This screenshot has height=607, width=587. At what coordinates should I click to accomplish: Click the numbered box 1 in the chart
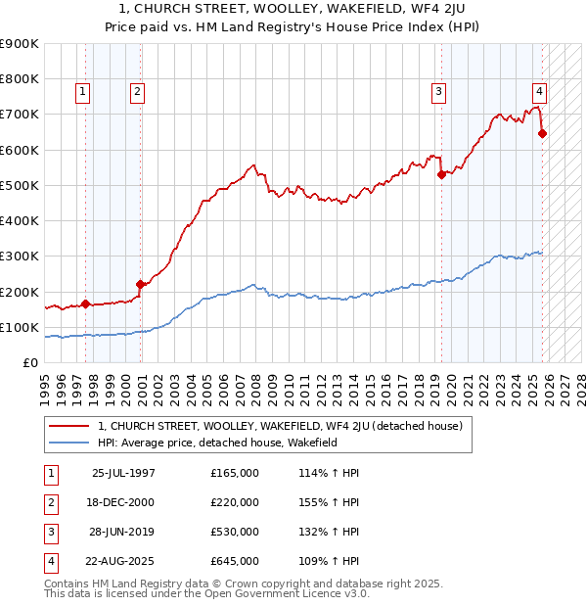tap(84, 92)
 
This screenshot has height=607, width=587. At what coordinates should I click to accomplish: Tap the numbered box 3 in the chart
tap(439, 92)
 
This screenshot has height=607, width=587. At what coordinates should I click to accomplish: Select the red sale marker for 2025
tap(542, 134)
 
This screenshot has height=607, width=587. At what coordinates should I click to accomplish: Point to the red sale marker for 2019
tap(441, 175)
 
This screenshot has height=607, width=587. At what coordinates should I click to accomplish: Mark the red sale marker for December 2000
tap(140, 285)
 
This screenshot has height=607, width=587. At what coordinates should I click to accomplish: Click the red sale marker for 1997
tap(85, 303)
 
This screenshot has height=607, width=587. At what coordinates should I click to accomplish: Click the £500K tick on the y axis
tap(20, 185)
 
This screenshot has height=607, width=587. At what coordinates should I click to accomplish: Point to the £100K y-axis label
tap(20, 327)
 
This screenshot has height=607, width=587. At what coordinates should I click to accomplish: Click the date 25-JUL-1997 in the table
tap(122, 473)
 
